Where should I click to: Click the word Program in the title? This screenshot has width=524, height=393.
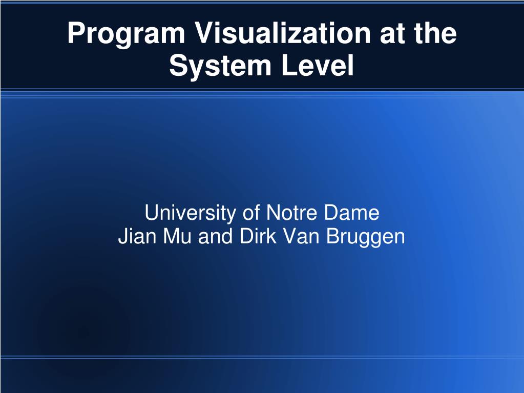tap(126, 34)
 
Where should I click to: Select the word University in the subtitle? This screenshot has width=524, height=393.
tap(188, 213)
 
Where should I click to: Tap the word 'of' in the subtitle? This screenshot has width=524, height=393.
tap(249, 213)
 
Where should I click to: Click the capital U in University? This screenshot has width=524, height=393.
tap(151, 213)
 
